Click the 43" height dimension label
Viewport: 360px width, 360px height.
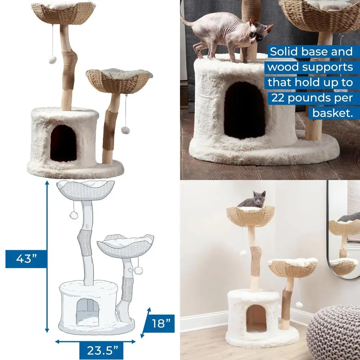[x=26, y=259]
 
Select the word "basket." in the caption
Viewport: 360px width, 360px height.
[x=331, y=113]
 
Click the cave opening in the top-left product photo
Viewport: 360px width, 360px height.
[x=63, y=143]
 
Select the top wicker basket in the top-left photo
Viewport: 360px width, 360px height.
[x=63, y=13]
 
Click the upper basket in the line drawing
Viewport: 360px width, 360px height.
[x=86, y=190]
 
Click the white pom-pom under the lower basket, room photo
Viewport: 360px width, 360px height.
[x=299, y=305]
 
